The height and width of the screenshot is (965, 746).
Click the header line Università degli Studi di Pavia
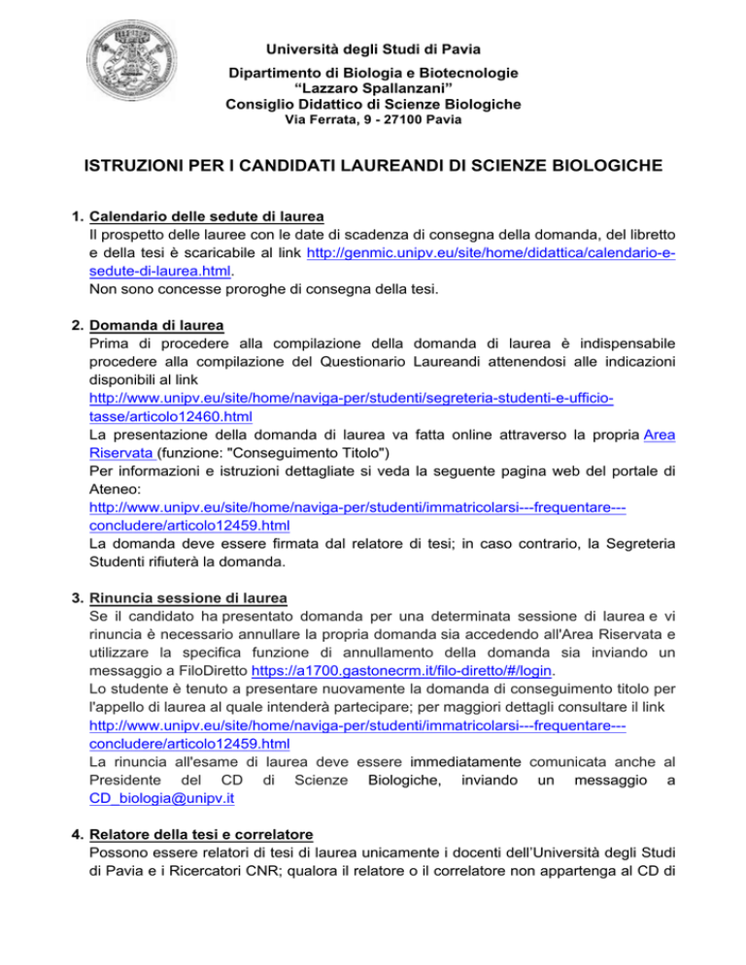372,49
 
